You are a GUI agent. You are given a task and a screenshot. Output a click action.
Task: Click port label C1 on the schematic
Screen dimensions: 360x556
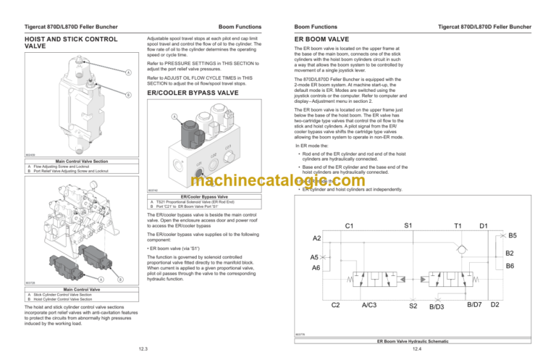tap(349, 226)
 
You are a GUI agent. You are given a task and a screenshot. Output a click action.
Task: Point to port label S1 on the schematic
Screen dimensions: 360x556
tap(408, 226)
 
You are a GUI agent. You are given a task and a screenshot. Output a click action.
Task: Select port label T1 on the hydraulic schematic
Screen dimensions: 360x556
tap(458, 226)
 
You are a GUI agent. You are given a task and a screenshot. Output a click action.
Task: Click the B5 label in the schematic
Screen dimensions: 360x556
tap(512, 235)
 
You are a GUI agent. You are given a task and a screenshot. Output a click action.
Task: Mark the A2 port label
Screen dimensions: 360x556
tap(317, 238)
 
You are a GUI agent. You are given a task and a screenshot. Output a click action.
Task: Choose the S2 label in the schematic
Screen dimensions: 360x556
tap(413, 306)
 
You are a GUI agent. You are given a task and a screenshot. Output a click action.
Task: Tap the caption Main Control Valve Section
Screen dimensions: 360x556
tap(81, 161)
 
